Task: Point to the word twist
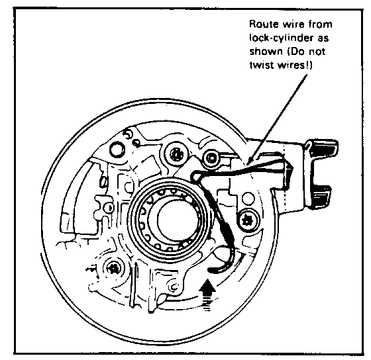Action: (262, 65)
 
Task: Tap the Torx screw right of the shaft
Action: (248, 220)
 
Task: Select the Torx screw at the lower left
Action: (113, 269)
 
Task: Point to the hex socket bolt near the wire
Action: (211, 158)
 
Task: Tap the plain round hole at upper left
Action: (117, 150)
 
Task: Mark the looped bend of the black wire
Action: (195, 176)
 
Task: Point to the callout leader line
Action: (276, 119)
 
